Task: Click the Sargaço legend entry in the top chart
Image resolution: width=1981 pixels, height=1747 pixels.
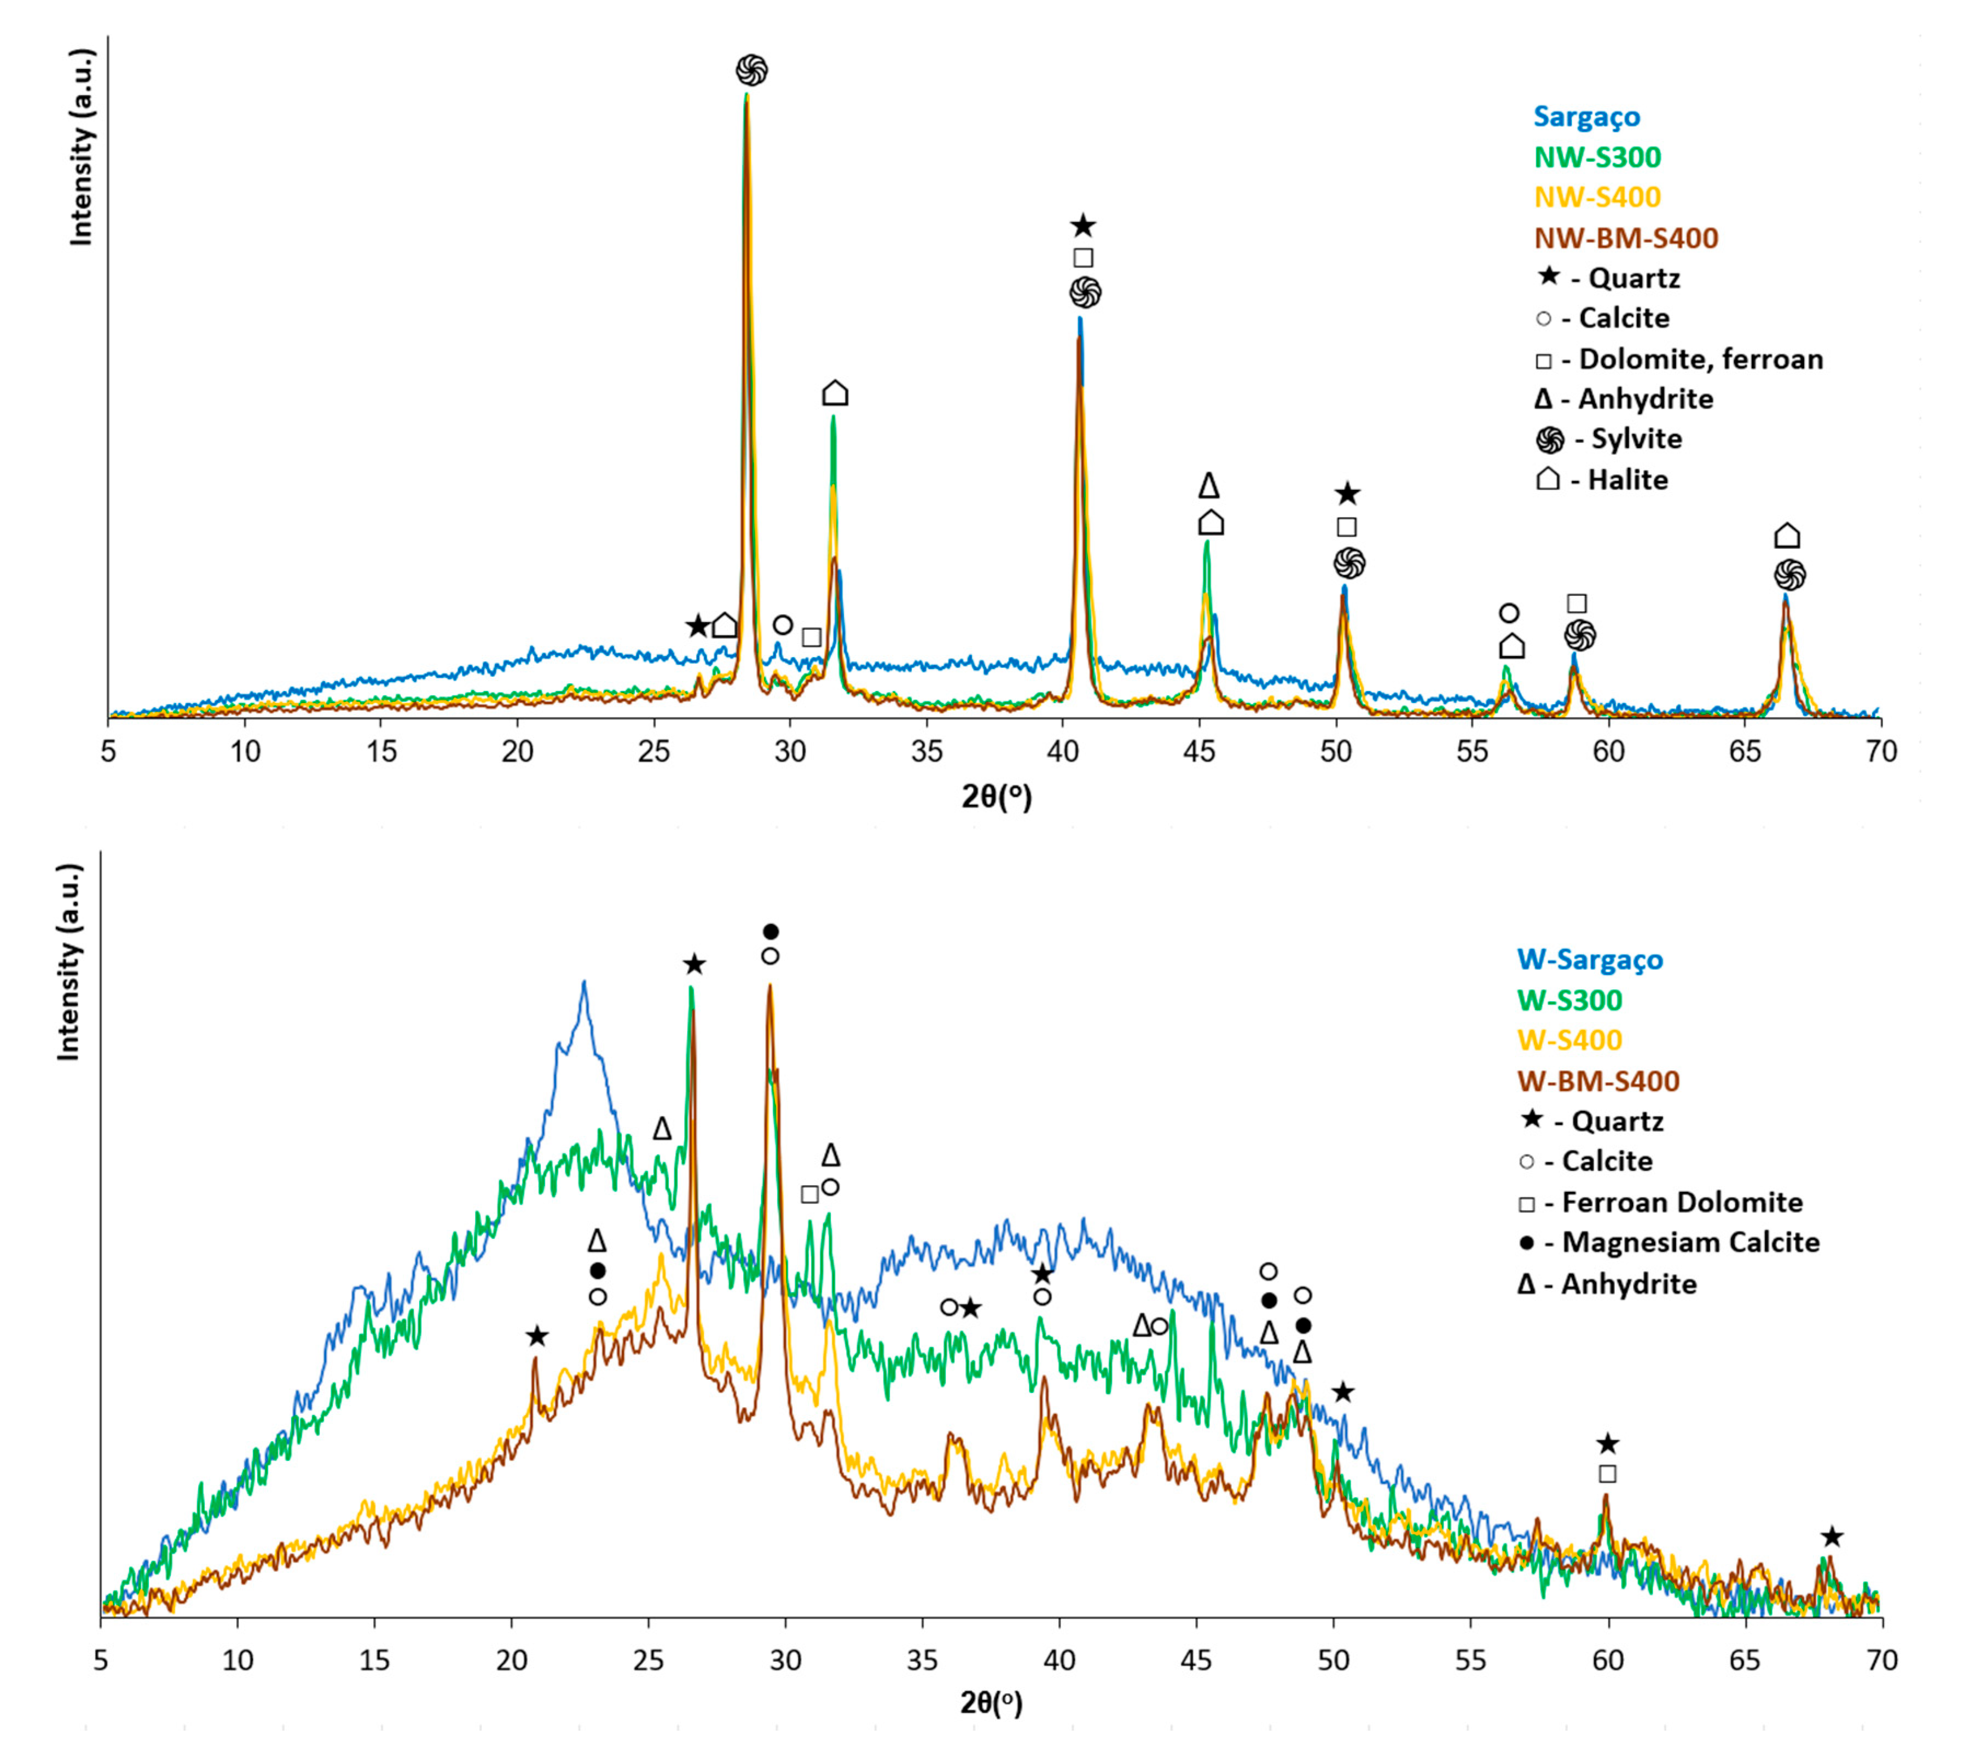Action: point(1586,117)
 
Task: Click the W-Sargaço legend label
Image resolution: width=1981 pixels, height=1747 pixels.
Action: point(1590,959)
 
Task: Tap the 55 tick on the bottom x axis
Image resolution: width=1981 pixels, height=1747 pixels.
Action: point(1470,1660)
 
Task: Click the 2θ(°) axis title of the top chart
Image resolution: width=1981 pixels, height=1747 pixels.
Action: point(997,797)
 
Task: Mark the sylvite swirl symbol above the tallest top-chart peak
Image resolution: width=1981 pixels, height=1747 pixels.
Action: point(751,70)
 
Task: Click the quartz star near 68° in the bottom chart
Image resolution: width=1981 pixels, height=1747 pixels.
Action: point(1831,1537)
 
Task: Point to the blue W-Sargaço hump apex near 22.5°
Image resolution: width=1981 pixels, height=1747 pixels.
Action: point(583,983)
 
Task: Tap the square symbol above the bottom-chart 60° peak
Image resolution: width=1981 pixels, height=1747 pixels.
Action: point(1607,1474)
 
